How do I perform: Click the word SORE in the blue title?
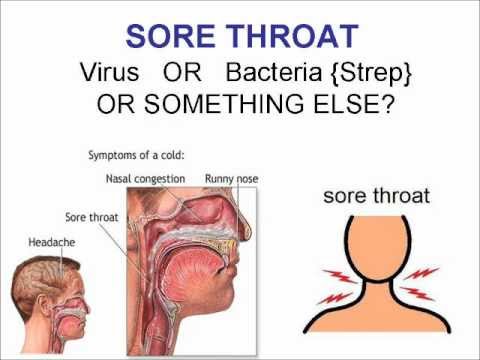(x=173, y=38)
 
